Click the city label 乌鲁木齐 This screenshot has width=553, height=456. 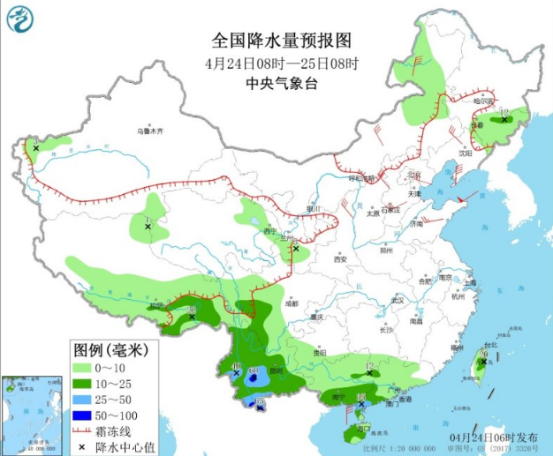coord(150,131)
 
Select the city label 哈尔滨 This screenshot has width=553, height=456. coord(483,101)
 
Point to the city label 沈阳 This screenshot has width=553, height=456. coord(466,153)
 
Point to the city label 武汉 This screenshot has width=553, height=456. coord(395,300)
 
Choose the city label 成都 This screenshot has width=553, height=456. coord(292,303)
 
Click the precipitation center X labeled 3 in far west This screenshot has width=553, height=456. coord(35,148)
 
